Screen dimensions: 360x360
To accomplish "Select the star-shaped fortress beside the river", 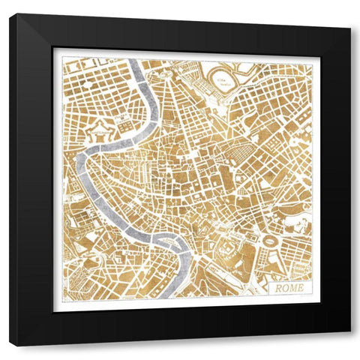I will tap(98, 133).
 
